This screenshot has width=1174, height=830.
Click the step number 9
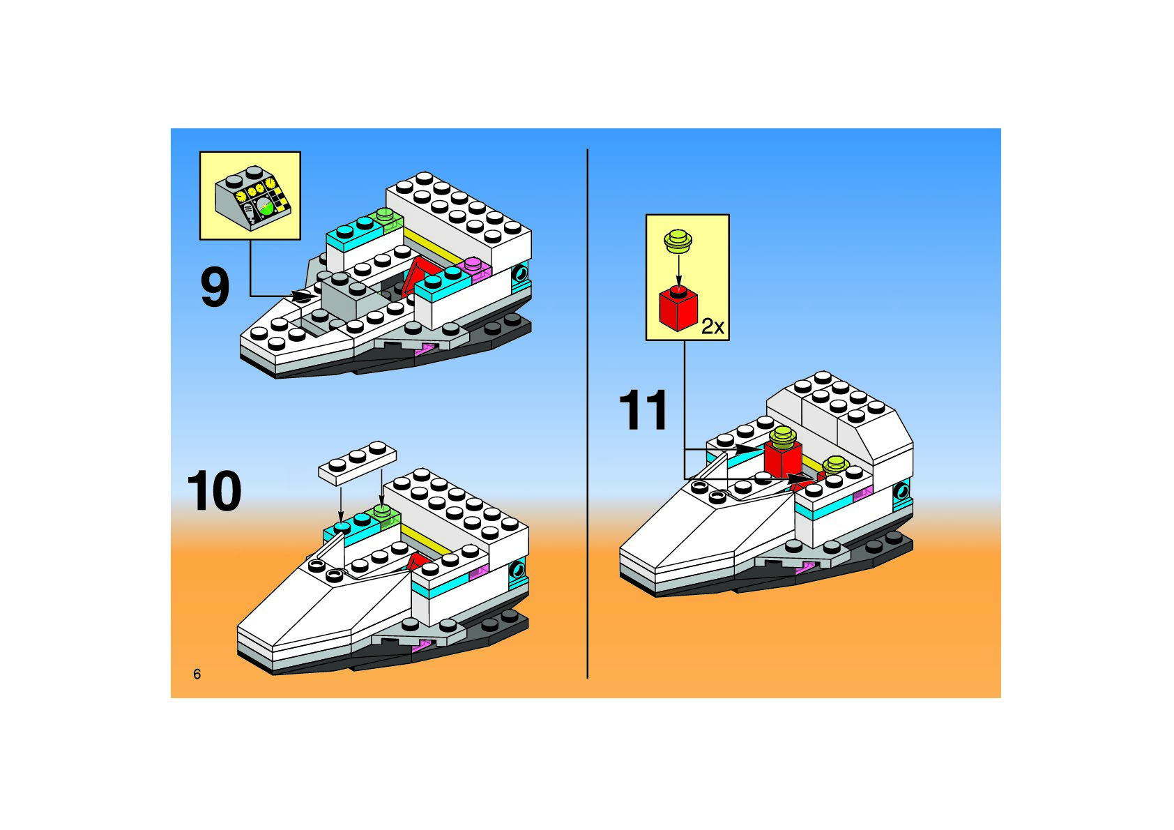coord(215,287)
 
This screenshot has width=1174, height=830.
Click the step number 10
coord(214,492)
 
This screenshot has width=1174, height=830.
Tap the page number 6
coord(197,674)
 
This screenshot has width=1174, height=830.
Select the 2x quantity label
coord(712,326)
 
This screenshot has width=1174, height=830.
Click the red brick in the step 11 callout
coord(678,310)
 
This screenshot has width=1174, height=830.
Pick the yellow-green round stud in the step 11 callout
coord(678,241)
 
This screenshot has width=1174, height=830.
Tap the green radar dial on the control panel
coord(264,206)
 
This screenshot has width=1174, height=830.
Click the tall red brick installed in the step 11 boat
coord(782,456)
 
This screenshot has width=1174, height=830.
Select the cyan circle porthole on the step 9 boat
coord(520,274)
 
